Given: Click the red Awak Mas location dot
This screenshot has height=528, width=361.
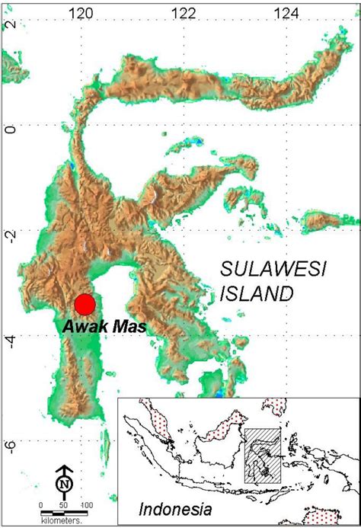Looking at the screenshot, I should click(85, 304).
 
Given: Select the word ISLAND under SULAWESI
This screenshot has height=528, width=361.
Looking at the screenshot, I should click(256, 293).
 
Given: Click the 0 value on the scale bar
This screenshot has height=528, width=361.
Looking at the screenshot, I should click(43, 504).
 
